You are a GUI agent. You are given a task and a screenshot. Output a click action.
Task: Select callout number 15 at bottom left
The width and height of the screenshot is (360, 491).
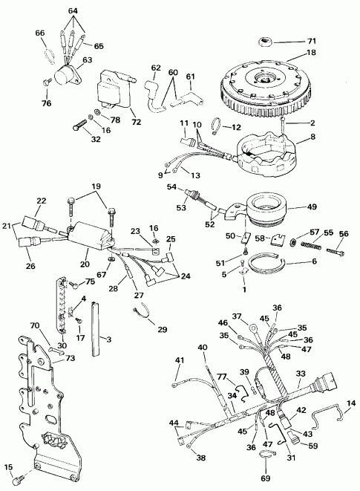click(x=9, y=467)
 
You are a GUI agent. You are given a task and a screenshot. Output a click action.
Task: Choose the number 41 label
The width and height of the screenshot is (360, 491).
click(x=178, y=360)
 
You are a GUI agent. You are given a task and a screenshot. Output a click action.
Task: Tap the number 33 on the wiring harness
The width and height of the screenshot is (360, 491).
click(x=301, y=374)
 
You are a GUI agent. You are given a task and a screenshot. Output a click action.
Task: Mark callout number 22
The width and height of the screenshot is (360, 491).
click(x=42, y=201)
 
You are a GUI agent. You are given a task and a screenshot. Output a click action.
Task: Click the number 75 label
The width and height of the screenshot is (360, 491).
click(x=90, y=282)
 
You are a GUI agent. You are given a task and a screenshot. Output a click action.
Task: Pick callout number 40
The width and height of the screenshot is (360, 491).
click(x=202, y=348)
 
